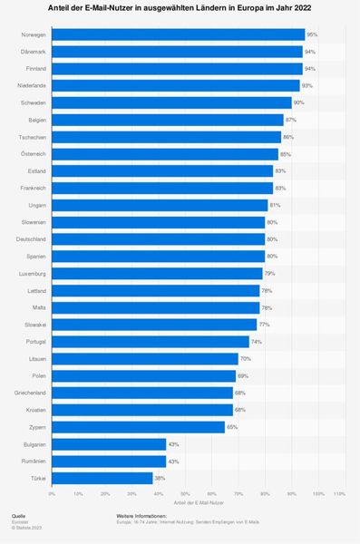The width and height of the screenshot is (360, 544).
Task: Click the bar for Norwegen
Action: point(178,34)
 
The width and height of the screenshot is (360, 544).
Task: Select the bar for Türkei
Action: point(102,478)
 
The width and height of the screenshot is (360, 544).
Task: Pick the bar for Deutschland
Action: point(158,239)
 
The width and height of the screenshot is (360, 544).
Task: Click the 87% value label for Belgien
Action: point(290,120)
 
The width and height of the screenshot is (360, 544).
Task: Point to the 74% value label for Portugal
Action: point(257,342)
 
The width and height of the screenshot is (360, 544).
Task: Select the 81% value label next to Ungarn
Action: point(275,205)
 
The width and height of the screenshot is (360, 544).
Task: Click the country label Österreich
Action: point(34,154)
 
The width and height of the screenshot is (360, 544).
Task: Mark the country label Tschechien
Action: point(34,137)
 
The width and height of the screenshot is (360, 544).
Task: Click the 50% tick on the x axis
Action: point(185,494)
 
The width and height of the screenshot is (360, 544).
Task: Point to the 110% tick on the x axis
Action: point(339,494)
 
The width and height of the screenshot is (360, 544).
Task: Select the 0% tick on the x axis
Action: point(52,494)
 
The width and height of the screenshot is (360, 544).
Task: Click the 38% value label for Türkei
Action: point(161,478)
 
